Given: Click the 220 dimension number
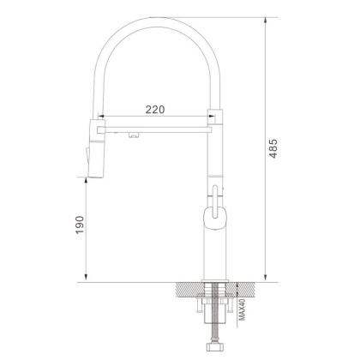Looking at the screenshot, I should [x=154, y=110].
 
